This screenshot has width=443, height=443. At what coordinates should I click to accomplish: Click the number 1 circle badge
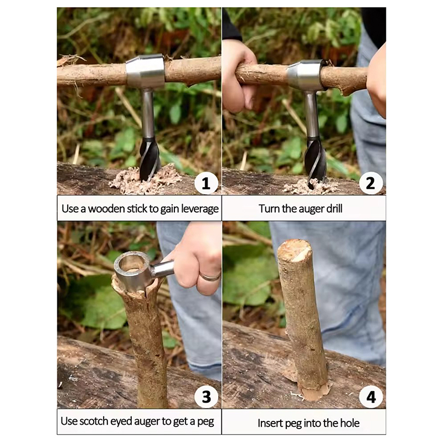click(206, 183)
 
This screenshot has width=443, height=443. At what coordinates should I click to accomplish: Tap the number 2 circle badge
click(370, 183)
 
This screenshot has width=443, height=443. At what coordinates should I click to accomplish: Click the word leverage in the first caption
click(200, 209)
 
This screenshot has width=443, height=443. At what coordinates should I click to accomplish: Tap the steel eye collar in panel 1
click(145, 71)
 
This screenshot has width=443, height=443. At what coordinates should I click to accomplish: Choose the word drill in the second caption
click(334, 209)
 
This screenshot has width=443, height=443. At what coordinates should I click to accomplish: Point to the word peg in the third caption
click(205, 422)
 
